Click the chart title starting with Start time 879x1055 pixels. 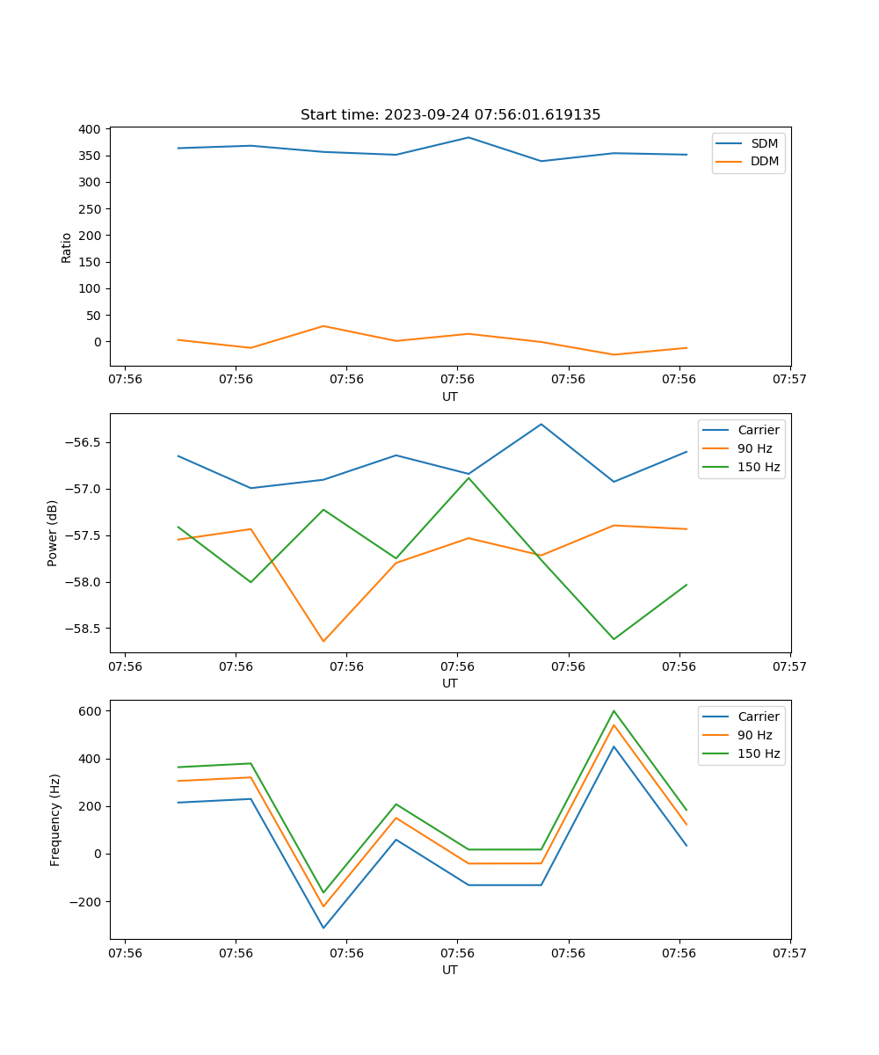450,115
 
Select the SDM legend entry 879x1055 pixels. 764,142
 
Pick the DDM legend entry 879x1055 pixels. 764,161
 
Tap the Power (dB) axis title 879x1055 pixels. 53,533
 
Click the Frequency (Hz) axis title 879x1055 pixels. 55,819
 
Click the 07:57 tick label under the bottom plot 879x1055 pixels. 790,952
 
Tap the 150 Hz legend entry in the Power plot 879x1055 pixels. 759,467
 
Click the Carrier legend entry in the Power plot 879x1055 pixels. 758,430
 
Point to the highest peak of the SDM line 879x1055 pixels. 469,137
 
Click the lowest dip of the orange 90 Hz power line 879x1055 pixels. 323,641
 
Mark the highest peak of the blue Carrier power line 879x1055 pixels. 541,424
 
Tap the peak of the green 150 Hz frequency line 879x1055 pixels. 614,710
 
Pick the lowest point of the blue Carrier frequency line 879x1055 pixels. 323,928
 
